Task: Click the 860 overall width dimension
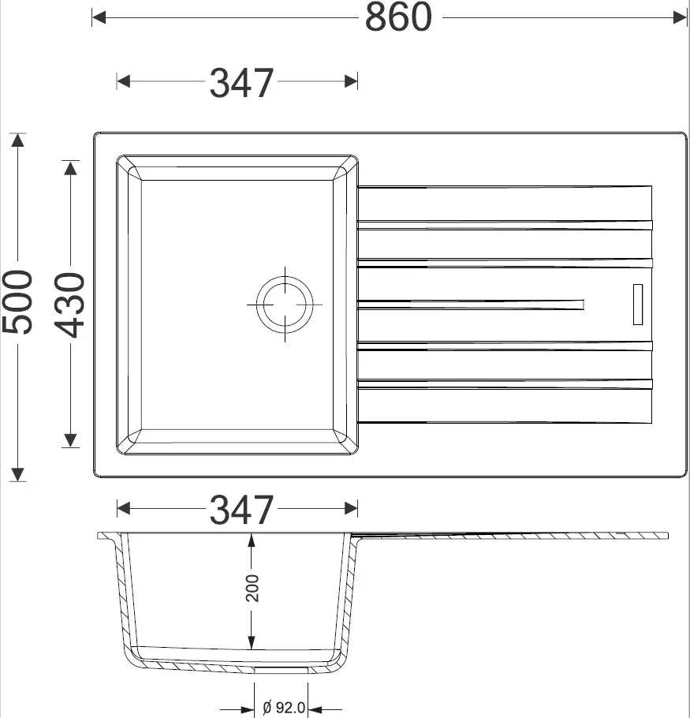tap(398, 17)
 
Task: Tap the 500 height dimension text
tap(17, 302)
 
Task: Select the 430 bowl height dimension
tap(69, 305)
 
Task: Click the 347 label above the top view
tap(241, 83)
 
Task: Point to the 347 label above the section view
tap(241, 510)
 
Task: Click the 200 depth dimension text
tap(252, 588)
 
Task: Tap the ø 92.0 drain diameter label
tap(284, 708)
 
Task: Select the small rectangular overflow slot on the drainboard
tap(638, 305)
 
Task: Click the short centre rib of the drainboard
tap(470, 305)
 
